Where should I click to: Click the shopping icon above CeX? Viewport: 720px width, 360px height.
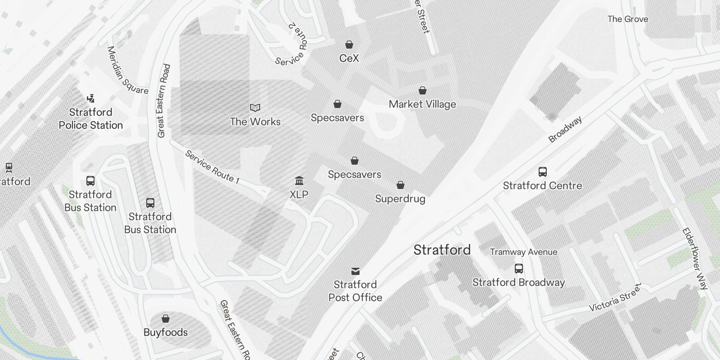[x=349, y=45]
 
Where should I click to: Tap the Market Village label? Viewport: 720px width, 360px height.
[x=422, y=104]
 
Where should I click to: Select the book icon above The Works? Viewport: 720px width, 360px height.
[x=255, y=108]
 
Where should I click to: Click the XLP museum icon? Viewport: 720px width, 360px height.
[x=299, y=181]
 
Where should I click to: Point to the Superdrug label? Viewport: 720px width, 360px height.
[x=400, y=199]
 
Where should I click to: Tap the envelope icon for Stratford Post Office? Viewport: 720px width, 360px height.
[x=355, y=271]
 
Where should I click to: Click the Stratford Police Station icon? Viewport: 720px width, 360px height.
[x=91, y=99]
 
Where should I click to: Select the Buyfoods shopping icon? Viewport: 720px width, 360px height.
[x=166, y=319]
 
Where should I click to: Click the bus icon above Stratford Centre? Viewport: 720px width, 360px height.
[x=543, y=172]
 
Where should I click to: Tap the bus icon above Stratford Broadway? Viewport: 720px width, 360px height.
[x=519, y=269]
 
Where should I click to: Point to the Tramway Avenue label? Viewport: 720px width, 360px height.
[x=523, y=252]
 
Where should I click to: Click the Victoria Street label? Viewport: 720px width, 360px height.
[x=615, y=298]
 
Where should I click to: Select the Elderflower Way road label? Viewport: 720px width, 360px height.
[x=695, y=259]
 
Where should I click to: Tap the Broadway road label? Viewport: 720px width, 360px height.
[x=565, y=130]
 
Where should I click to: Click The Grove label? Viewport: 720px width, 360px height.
[x=628, y=19]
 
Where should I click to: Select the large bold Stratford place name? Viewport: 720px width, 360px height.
[x=442, y=250]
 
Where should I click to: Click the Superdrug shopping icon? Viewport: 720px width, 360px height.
[x=400, y=185]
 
